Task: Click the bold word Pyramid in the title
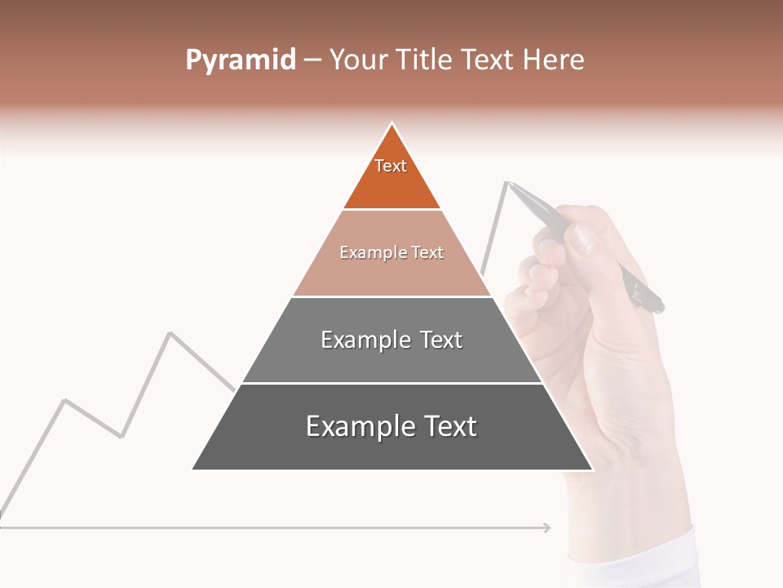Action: pyautogui.click(x=240, y=60)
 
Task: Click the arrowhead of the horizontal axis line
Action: pyautogui.click(x=547, y=528)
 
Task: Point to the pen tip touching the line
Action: pyautogui.click(x=508, y=183)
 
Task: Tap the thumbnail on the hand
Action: pyautogui.click(x=582, y=240)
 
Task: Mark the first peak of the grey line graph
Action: pyautogui.click(x=65, y=400)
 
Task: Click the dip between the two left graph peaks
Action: pyautogui.click(x=122, y=436)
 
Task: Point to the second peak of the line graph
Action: pyautogui.click(x=170, y=332)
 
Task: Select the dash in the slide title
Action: pyautogui.click(x=312, y=60)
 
